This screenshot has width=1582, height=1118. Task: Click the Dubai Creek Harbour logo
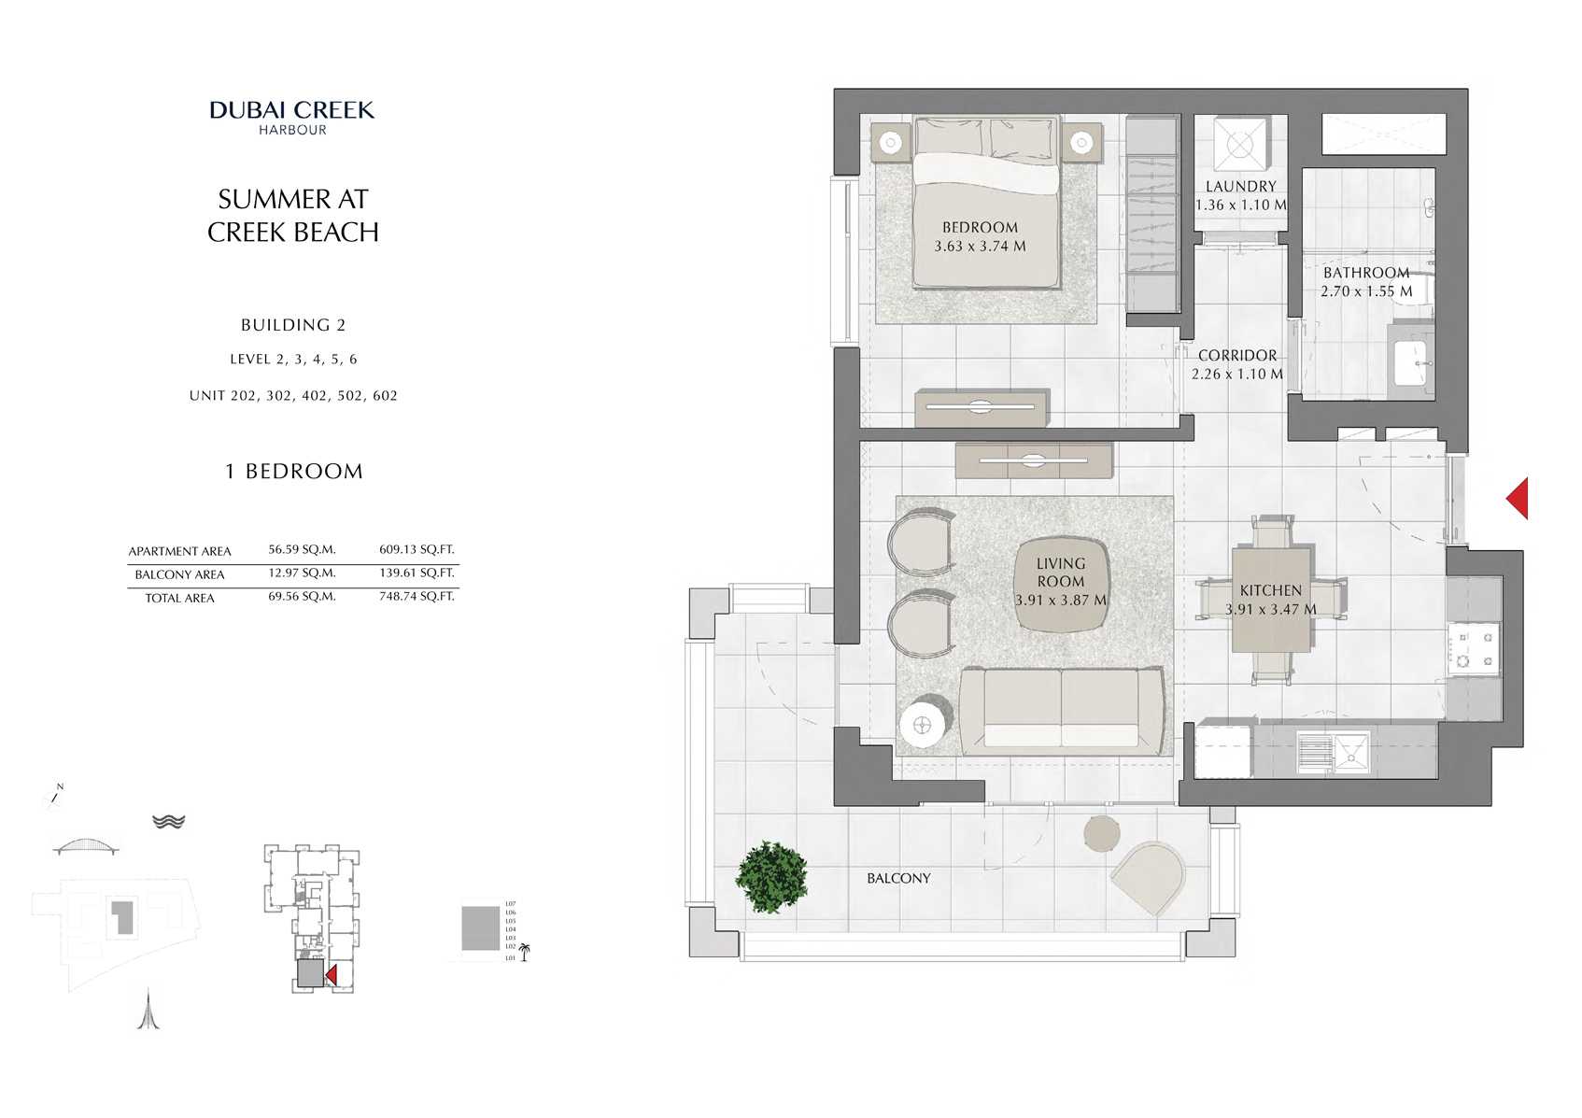(x=292, y=117)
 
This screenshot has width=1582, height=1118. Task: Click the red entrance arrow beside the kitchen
(x=1518, y=498)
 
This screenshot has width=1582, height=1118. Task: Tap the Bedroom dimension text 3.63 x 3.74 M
(x=980, y=247)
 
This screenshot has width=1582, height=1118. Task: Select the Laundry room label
(x=1240, y=187)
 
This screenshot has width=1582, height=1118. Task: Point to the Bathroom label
(x=1365, y=273)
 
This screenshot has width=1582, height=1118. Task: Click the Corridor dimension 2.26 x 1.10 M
(x=1236, y=375)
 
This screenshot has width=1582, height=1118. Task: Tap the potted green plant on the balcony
(x=770, y=877)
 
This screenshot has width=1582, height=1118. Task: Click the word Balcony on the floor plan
(x=898, y=879)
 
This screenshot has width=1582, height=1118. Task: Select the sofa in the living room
(x=1062, y=711)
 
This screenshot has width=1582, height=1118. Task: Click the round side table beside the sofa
(x=924, y=723)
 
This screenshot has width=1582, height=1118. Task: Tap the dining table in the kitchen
(x=1271, y=600)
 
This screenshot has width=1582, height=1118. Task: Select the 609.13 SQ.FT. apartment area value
(x=417, y=550)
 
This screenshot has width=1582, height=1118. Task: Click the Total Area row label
(x=179, y=599)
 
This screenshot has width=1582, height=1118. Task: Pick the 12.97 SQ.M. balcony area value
(x=302, y=573)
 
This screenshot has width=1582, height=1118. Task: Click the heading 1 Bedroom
(x=293, y=472)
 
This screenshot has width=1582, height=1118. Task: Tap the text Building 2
(x=293, y=325)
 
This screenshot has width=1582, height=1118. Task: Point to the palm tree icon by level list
(x=524, y=952)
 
